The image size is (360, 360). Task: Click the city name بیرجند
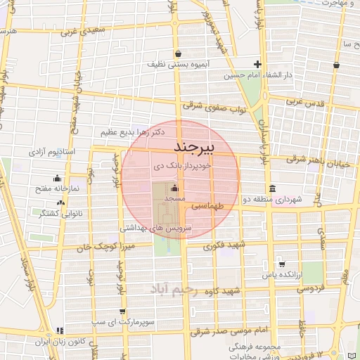[196, 149]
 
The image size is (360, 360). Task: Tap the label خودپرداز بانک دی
[181, 167]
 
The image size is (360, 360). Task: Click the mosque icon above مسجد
[174, 188]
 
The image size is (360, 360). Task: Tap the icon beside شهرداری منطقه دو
[272, 188]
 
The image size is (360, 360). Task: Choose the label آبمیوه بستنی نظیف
[176, 64]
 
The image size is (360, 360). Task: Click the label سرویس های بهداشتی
[151, 228]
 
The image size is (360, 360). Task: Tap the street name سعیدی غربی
[83, 32]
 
